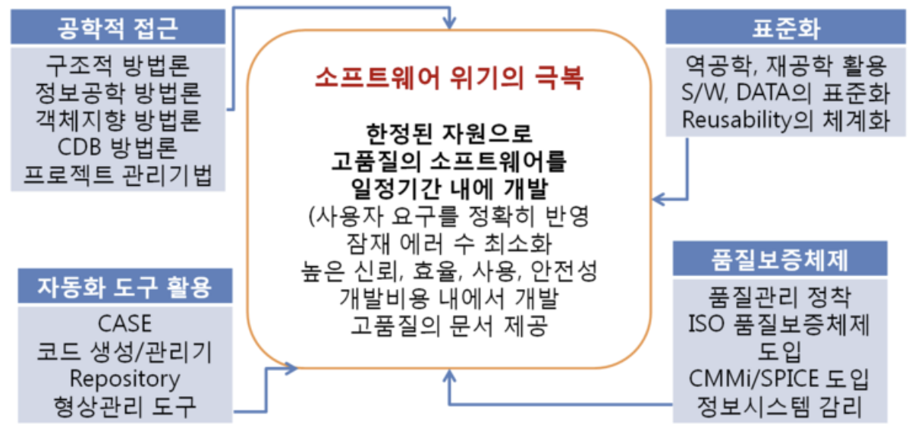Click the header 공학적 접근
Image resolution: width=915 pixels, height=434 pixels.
pos(118,29)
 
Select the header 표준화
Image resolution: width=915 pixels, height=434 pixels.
pos(786,29)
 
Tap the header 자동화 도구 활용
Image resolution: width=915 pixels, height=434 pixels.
pos(124,288)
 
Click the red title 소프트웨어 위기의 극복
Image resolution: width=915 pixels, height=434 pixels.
pos(450,78)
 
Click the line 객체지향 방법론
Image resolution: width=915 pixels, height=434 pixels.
pos(118,121)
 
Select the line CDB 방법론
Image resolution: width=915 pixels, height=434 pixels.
pos(118,149)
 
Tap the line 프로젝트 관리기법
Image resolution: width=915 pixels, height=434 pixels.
pos(118,177)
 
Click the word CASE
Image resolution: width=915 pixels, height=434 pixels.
pos(124,323)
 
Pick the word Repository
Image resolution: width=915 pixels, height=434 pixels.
pos(124,378)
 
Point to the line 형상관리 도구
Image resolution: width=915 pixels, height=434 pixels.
pos(124,406)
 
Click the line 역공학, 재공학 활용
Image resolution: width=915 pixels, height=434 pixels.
pos(785,64)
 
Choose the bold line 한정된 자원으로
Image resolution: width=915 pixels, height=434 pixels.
pos(450,134)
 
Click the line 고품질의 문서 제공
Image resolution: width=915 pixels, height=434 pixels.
pos(450,325)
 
